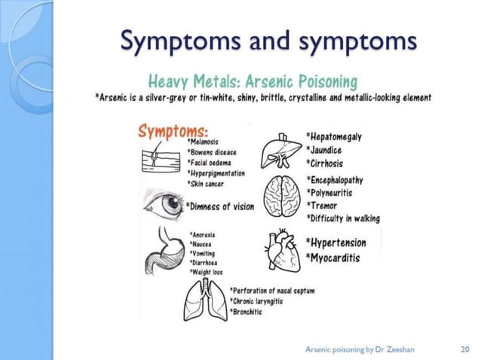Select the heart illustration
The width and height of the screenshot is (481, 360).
[284, 248]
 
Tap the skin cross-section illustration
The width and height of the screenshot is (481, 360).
[161, 160]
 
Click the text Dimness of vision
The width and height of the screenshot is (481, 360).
[220, 206]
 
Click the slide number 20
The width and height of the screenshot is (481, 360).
[464, 349]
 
